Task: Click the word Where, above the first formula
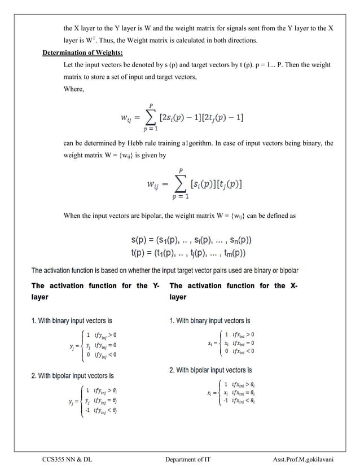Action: click(x=73, y=89)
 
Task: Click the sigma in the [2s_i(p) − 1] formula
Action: click(x=149, y=118)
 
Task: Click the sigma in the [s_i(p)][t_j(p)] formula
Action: click(x=181, y=184)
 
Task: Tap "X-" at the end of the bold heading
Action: click(x=293, y=285)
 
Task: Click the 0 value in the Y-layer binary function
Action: click(x=87, y=354)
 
